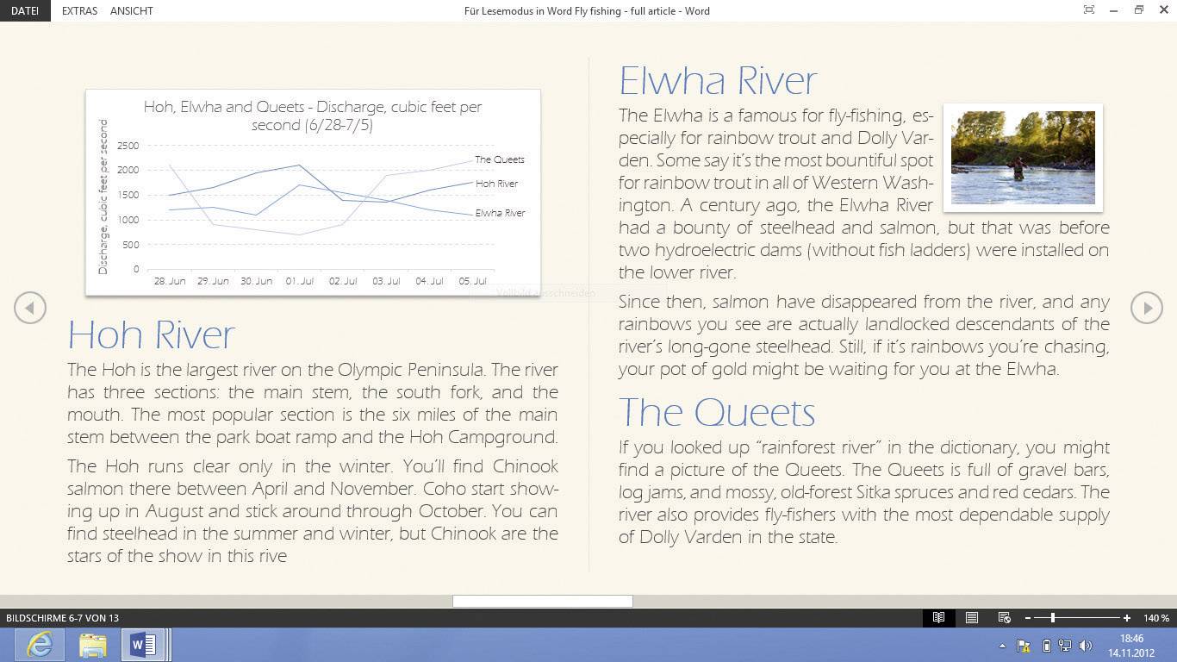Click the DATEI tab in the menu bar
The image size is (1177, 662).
pos(24,10)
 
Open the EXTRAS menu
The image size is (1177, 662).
pos(79,10)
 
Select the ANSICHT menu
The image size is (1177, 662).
pos(132,10)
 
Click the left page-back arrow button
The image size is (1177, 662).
pos(30,308)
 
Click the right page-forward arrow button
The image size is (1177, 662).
pos(1147,308)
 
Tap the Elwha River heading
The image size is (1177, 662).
pos(718,81)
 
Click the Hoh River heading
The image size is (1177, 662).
pos(151,334)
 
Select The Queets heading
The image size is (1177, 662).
pos(717,412)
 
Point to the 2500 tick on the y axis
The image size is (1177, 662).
pos(128,146)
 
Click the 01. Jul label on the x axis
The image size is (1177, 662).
pos(300,281)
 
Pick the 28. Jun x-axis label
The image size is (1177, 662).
pos(170,281)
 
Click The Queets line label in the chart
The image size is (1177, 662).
pos(500,159)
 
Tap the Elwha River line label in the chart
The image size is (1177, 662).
pos(500,213)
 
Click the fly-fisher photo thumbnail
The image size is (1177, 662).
pos(1023,157)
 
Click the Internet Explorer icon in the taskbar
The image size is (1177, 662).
pos(40,645)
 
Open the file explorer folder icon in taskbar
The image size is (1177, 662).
pos(92,645)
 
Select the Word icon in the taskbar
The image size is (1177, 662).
pos(143,645)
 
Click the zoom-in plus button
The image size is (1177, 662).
pos(1127,618)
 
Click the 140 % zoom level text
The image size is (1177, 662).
pos(1156,618)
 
